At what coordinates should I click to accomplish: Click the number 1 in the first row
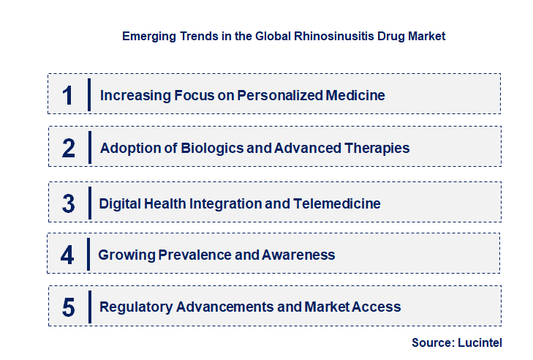pos(68,95)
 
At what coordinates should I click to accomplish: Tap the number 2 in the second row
pos(69,149)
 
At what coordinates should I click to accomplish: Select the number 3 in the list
pos(69,203)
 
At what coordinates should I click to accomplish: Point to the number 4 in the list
pos(68,255)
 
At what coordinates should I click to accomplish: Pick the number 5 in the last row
pos(69,307)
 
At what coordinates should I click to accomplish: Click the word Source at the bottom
pos(432,342)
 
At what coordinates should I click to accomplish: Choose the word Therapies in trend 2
pos(376,149)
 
